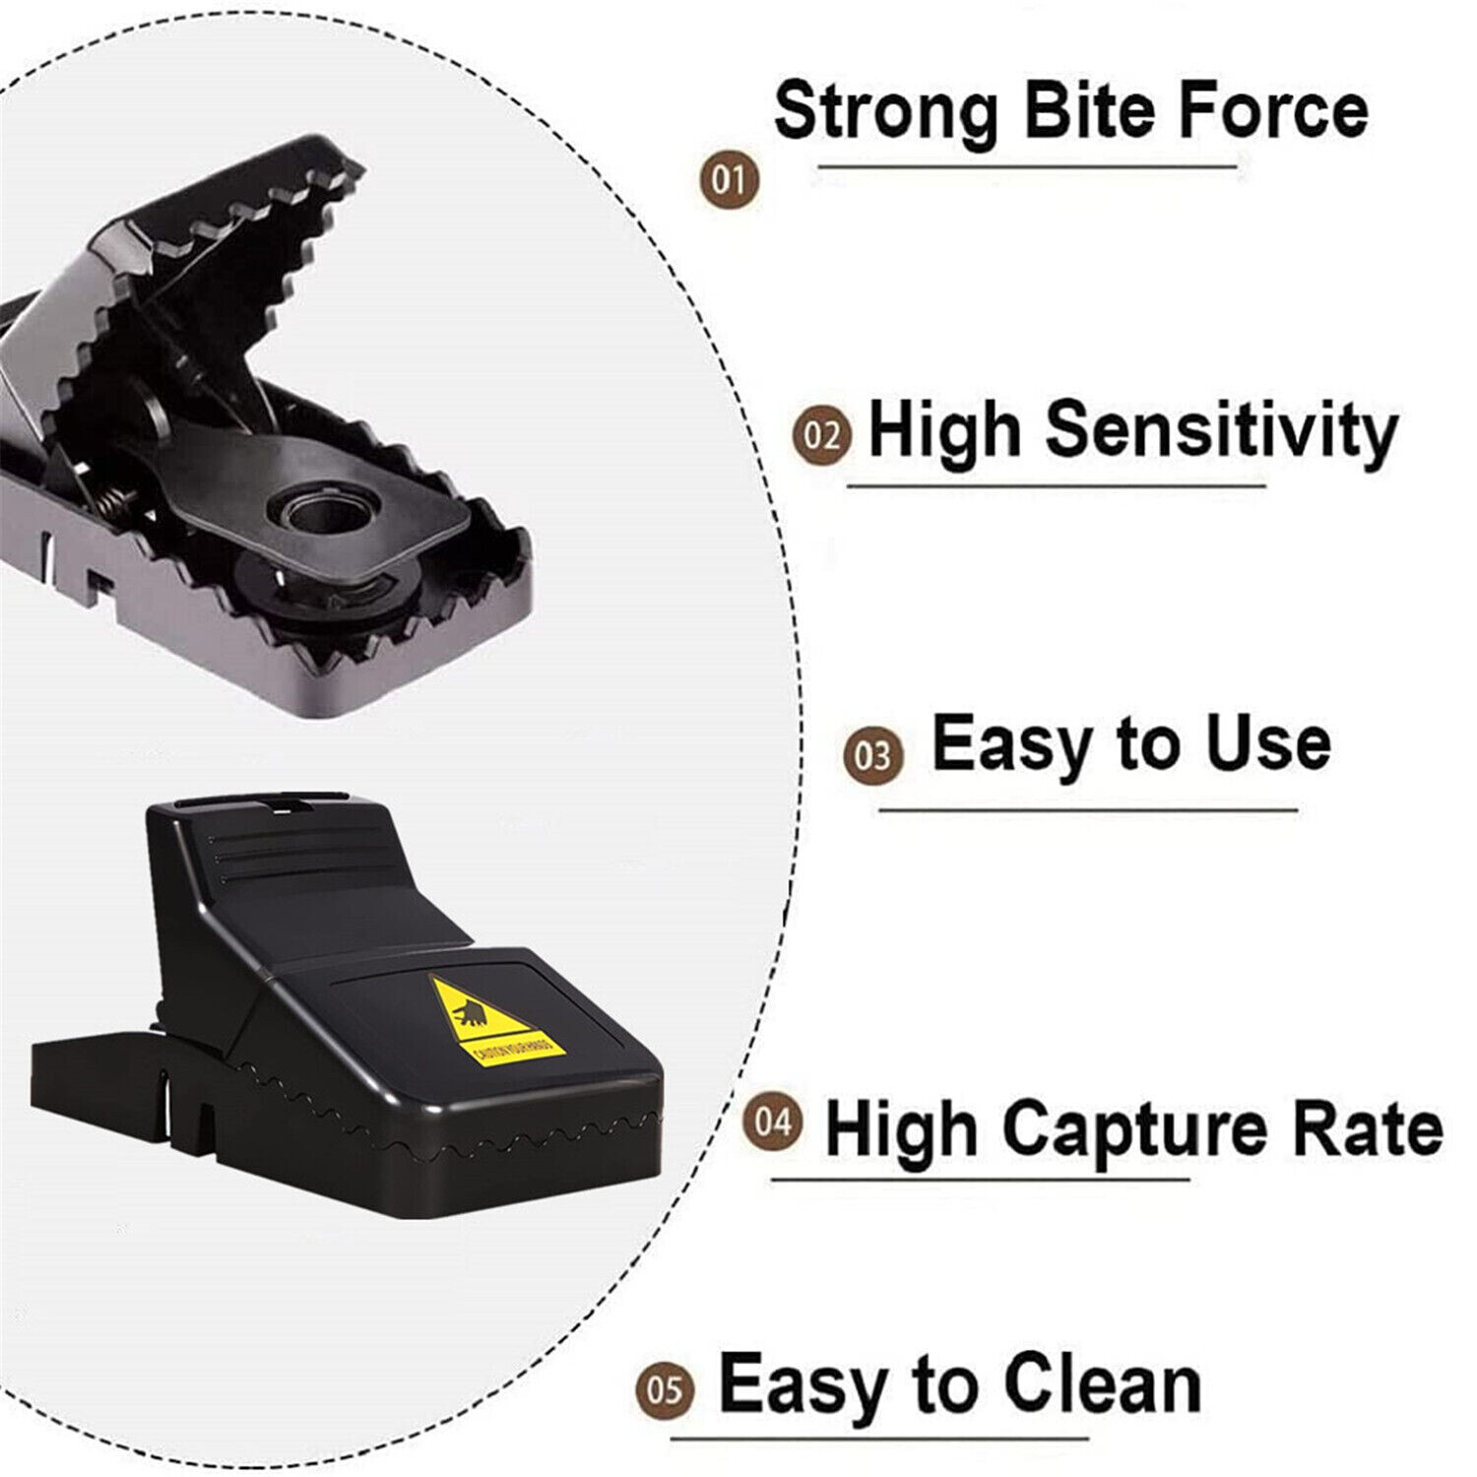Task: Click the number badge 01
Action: coord(730,181)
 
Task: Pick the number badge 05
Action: coord(666,1389)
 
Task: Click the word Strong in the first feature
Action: coord(885,110)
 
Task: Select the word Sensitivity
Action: coord(1221,431)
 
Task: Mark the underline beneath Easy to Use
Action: coord(1088,811)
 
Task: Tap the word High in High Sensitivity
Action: coord(944,431)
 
